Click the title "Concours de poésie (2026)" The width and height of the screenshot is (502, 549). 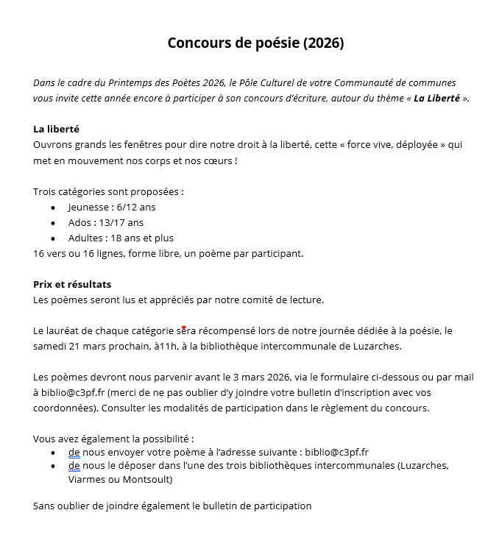[x=255, y=43]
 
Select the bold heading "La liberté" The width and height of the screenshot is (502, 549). [x=56, y=129]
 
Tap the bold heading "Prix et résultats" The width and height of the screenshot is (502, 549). [x=72, y=284]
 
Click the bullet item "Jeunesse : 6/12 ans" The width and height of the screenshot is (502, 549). [x=112, y=207]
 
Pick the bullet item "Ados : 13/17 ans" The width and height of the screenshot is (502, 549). [x=106, y=222]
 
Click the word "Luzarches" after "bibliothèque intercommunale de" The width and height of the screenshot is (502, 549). [x=378, y=346]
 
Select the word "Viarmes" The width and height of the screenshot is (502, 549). [x=86, y=480]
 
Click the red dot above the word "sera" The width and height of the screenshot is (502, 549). [x=183, y=327]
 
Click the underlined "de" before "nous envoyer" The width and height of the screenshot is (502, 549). [x=74, y=451]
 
